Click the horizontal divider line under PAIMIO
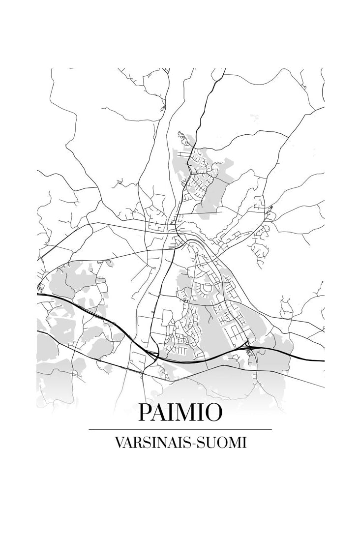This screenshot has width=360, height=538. point(180,429)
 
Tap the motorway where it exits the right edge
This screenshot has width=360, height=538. point(322,360)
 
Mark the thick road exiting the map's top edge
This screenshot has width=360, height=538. point(224,70)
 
